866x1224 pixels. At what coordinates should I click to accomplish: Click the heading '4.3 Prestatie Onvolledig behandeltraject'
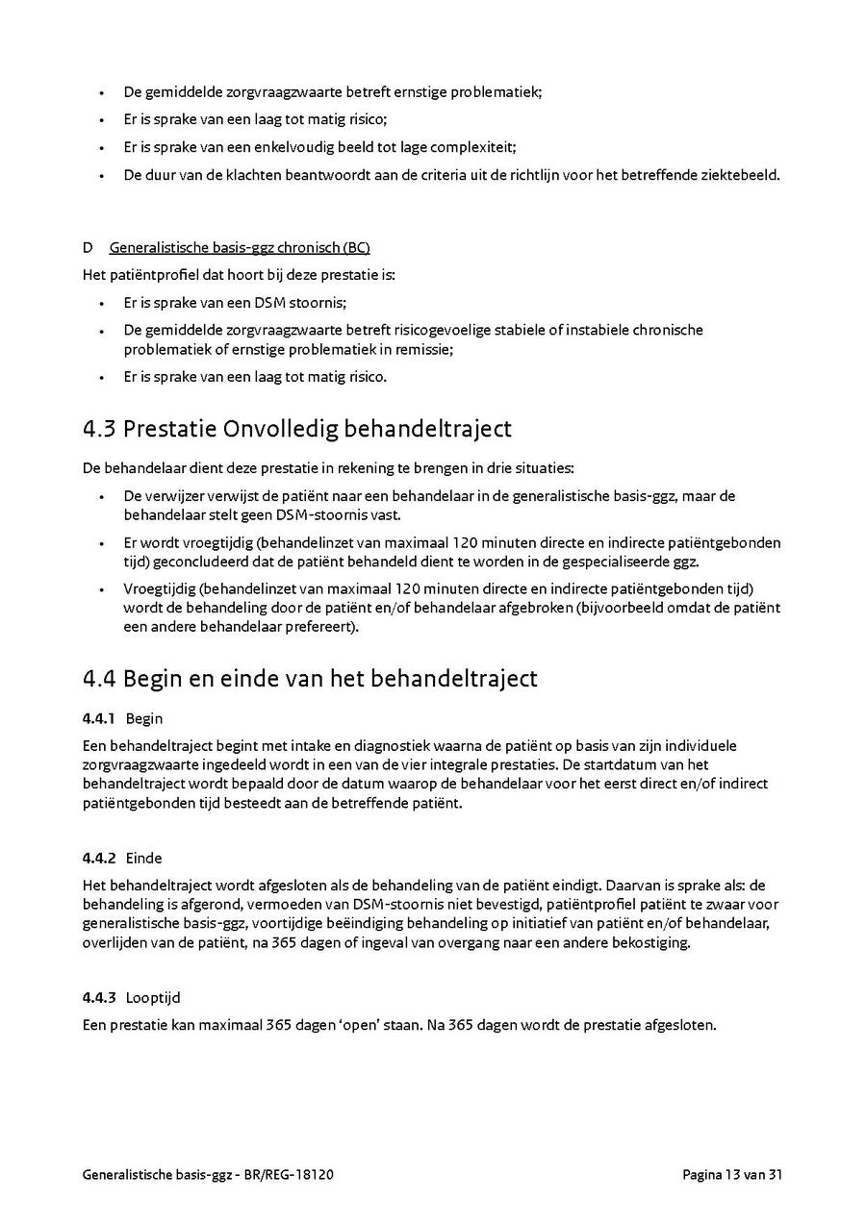pyautogui.click(x=296, y=429)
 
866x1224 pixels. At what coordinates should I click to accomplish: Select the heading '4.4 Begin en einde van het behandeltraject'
pyautogui.click(x=310, y=678)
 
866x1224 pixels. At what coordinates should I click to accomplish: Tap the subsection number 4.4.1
pyautogui.click(x=99, y=718)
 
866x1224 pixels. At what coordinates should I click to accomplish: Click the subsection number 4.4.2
pyautogui.click(x=99, y=858)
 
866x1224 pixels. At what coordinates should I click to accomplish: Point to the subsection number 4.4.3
pyautogui.click(x=99, y=997)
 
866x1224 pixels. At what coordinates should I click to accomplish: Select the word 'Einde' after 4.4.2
pyautogui.click(x=143, y=858)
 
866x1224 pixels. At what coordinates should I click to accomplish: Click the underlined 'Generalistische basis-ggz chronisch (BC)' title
pyautogui.click(x=240, y=248)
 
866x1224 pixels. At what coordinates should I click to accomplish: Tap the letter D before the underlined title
pyautogui.click(x=88, y=248)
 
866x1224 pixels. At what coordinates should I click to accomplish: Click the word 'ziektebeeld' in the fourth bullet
pyautogui.click(x=741, y=175)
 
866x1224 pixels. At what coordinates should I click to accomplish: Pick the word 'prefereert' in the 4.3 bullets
pyautogui.click(x=324, y=628)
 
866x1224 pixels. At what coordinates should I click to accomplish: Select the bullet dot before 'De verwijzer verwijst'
pyautogui.click(x=102, y=496)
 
